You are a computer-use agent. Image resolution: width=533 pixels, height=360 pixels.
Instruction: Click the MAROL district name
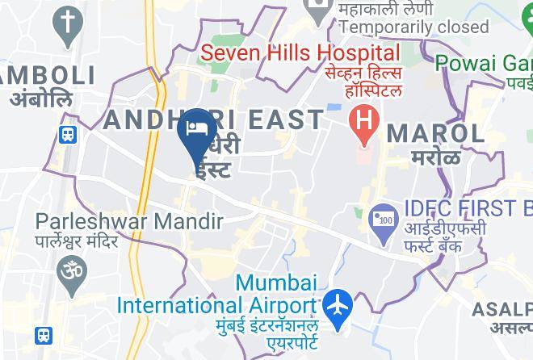436,132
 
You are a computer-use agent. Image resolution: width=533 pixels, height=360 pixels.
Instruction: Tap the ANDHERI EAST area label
215,119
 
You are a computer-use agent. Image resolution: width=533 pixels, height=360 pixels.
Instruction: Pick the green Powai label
484,62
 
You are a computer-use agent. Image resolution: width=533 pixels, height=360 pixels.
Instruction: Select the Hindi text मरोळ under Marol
434,157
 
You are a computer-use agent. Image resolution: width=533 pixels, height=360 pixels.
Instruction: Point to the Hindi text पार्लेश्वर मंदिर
77,241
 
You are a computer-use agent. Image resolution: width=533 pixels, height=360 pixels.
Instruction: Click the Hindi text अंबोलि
40,98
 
